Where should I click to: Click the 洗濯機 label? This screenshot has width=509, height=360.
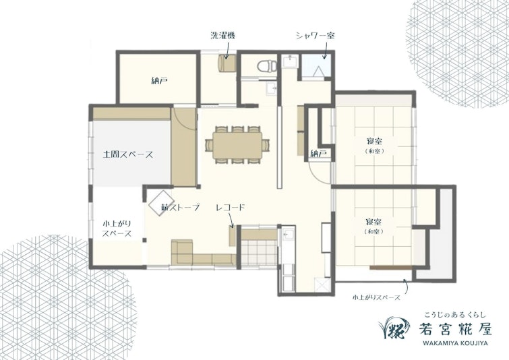coord(222,34)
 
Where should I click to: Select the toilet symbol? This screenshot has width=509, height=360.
coord(266,65)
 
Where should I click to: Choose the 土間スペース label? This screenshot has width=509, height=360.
coord(128,154)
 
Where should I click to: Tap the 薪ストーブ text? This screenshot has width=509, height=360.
coord(181,208)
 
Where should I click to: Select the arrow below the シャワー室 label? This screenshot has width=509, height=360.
coord(323,49)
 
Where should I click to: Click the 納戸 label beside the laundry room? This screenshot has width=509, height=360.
coord(160,80)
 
